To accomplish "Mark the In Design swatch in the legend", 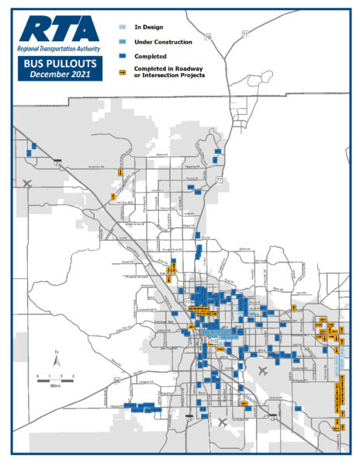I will click(x=125, y=28).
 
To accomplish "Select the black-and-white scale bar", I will click(x=55, y=378).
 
